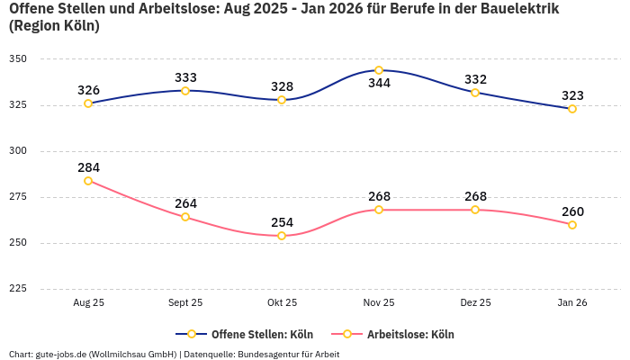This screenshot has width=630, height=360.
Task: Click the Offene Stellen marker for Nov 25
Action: click(x=379, y=70)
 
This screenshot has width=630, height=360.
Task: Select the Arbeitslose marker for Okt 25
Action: click(x=282, y=236)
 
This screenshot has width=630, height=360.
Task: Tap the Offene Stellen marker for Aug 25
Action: click(x=88, y=103)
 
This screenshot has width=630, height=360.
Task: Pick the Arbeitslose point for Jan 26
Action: click(x=572, y=225)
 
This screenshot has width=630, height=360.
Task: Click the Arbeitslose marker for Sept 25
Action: click(x=185, y=217)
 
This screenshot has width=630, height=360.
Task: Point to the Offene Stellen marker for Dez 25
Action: click(x=475, y=93)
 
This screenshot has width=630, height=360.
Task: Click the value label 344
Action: click(x=379, y=84)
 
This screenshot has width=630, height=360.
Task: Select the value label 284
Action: click(x=88, y=167)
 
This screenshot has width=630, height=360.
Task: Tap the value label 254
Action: click(x=282, y=222)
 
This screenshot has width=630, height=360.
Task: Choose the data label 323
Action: click(x=572, y=95)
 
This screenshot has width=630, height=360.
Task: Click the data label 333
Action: click(x=185, y=77)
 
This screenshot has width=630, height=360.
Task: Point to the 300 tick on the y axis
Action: click(x=18, y=151)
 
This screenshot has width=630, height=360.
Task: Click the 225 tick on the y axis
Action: click(x=18, y=289)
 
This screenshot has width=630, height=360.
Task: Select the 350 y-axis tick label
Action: click(x=18, y=58)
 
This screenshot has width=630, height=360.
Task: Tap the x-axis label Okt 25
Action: click(x=282, y=303)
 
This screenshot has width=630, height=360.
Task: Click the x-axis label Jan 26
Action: click(x=572, y=303)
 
